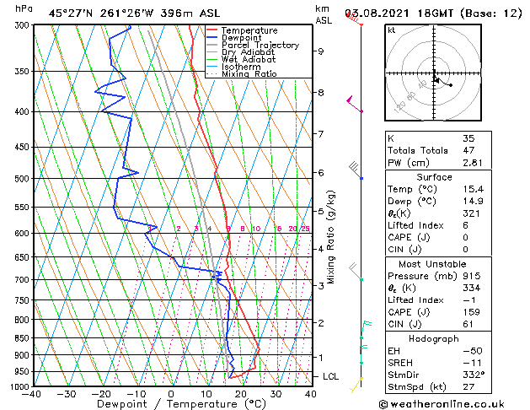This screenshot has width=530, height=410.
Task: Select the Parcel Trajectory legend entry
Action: pos(260,46)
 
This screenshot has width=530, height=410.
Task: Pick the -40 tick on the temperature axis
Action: pos(33,394)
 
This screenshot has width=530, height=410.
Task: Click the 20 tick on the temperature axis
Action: pos(241,394)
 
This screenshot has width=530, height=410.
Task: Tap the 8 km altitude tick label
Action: pos(321,92)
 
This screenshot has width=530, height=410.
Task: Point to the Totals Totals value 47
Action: pos(469,150)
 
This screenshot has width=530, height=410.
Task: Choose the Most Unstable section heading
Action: pos(433,262)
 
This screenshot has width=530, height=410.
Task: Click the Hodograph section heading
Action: pos(433,337)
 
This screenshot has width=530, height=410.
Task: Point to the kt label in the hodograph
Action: pos(391,30)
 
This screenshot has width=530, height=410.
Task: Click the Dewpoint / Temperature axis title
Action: pos(171,404)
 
